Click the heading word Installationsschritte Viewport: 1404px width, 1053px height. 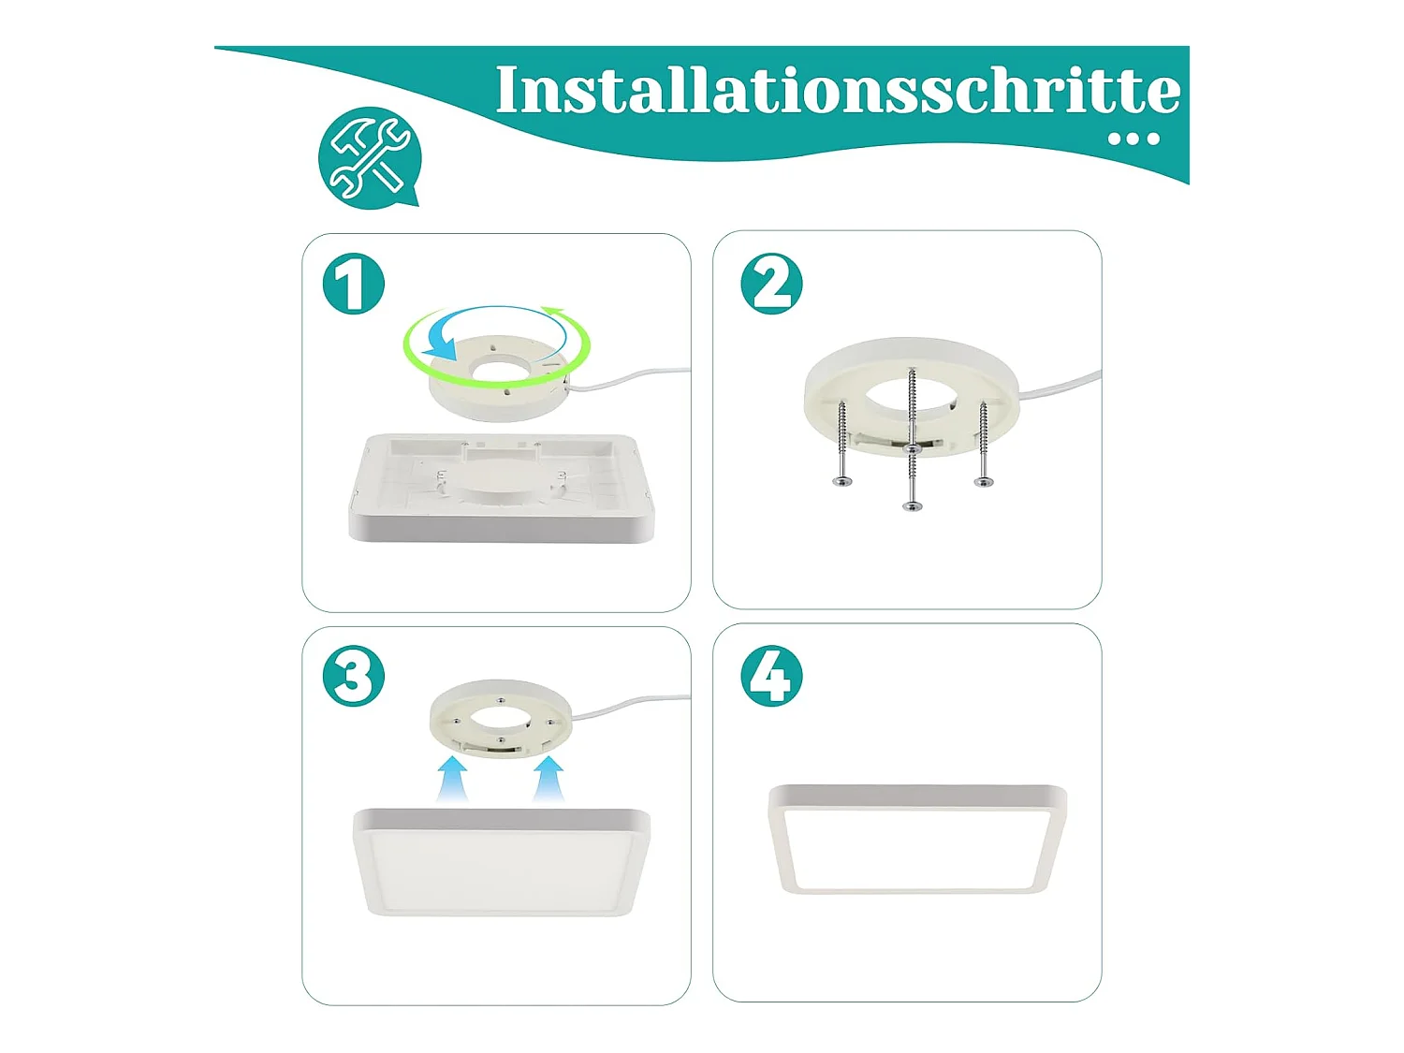[x=837, y=90]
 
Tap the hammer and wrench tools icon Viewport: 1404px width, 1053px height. [x=369, y=158]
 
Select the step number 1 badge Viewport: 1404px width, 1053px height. [x=353, y=284]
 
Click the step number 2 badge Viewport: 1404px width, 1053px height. [x=770, y=284]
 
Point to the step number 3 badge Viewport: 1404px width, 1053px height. [x=353, y=676]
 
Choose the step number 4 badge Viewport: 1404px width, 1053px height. [x=770, y=676]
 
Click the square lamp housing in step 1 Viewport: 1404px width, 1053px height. [x=502, y=488]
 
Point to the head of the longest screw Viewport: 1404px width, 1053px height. [x=912, y=506]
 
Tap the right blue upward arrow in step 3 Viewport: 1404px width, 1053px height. [x=548, y=780]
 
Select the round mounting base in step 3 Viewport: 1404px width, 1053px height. [x=500, y=718]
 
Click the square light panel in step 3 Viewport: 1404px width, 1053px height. [x=502, y=862]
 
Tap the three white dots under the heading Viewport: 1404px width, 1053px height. [x=1133, y=139]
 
